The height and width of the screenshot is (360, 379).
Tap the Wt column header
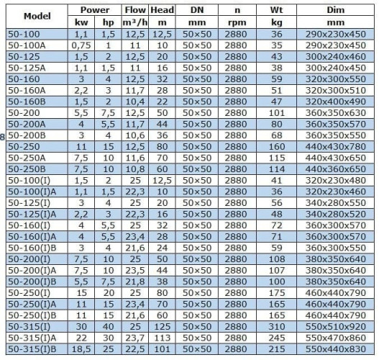point(275,11)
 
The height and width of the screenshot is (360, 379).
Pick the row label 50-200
point(22,113)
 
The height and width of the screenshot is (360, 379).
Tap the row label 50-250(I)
point(27,293)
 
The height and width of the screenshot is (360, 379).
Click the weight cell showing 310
point(275,327)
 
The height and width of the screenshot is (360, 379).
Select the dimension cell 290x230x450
point(335,34)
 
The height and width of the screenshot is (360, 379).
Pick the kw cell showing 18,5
point(81,349)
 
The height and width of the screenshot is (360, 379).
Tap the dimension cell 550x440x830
point(335,349)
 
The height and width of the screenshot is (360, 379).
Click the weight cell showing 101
point(275,113)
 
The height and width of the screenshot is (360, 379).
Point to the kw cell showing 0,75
point(81,45)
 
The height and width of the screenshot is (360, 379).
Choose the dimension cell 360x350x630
point(335,113)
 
